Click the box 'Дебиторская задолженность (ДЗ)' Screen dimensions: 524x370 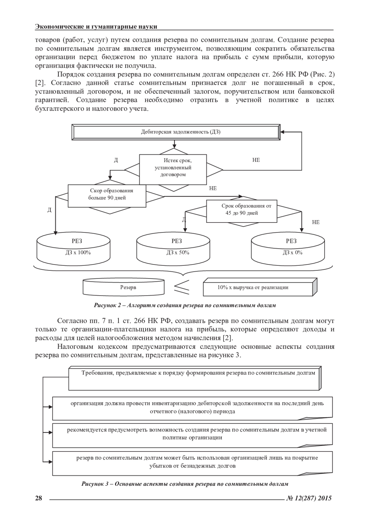pyautogui.click(x=176, y=132)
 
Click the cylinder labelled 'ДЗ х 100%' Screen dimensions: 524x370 pyautogui.click(x=73, y=248)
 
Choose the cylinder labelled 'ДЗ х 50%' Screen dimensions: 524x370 pyautogui.click(x=173, y=248)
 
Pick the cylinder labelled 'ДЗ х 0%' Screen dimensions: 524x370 pyautogui.click(x=288, y=248)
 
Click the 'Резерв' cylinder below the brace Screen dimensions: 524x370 pyautogui.click(x=124, y=287)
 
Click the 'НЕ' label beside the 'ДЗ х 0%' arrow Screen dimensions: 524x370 pyautogui.click(x=316, y=222)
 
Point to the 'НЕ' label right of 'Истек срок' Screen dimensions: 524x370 pyautogui.click(x=256, y=160)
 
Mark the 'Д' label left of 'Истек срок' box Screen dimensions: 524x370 pyautogui.click(x=116, y=160)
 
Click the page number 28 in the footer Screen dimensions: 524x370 pyautogui.click(x=39, y=498)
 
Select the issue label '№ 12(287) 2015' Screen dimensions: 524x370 pyautogui.click(x=309, y=498)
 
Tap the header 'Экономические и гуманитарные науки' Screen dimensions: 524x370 pyautogui.click(x=96, y=27)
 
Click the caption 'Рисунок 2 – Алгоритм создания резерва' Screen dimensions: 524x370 pyautogui.click(x=185, y=306)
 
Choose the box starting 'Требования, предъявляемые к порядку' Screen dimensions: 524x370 pyautogui.click(x=195, y=378)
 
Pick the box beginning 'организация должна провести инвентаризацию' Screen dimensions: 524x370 pyautogui.click(x=192, y=407)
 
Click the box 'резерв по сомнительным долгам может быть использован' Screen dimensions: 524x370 pyautogui.click(x=192, y=462)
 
